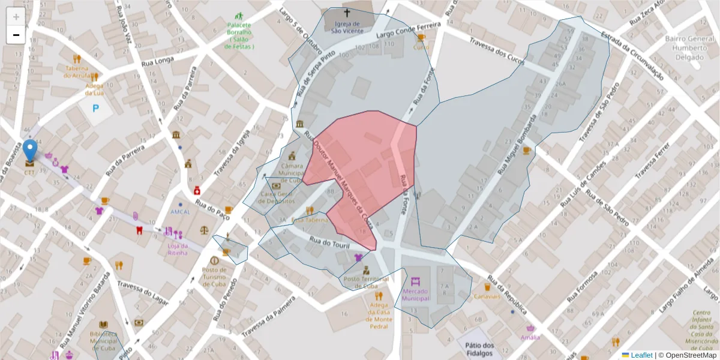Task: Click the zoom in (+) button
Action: click(16, 17)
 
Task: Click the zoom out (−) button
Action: click(16, 35)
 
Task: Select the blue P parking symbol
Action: click(95, 109)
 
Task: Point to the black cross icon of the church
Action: click(346, 12)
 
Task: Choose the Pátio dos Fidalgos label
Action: click(479, 349)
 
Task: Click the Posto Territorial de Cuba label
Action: click(366, 282)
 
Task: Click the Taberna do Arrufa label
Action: click(77, 71)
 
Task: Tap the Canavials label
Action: click(487, 296)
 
